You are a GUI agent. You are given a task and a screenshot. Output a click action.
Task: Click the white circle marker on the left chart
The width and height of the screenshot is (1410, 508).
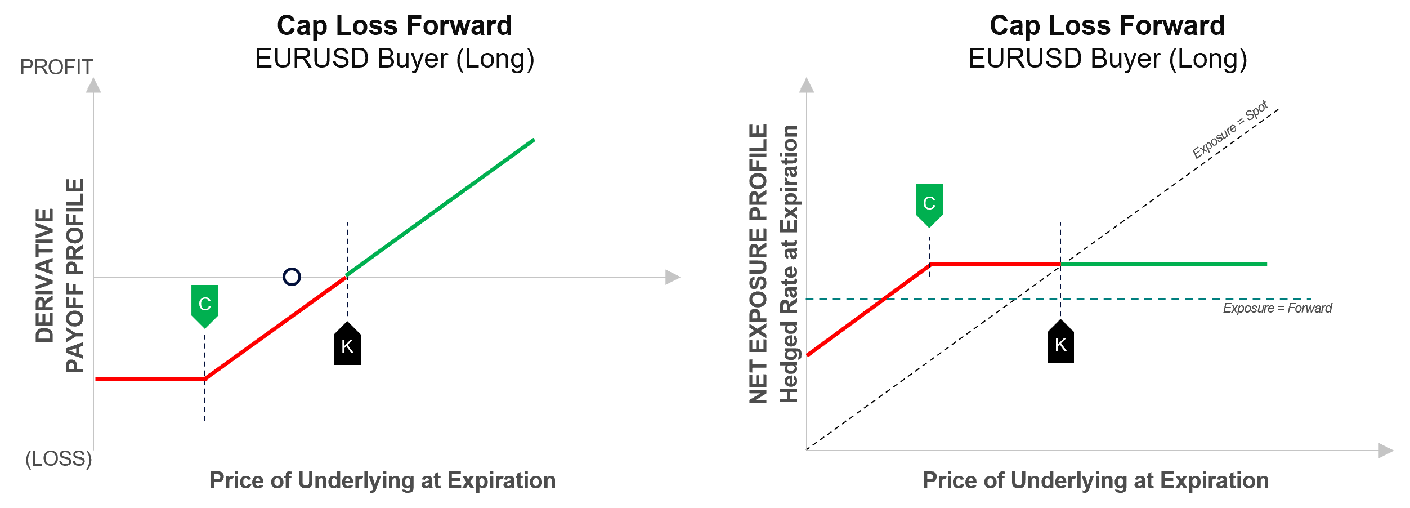[292, 277]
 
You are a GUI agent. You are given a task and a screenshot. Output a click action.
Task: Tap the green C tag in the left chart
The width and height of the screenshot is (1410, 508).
[205, 305]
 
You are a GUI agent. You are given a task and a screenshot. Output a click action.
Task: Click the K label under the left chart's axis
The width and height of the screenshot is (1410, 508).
[347, 346]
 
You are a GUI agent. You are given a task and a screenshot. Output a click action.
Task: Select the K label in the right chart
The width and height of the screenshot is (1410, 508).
[1060, 345]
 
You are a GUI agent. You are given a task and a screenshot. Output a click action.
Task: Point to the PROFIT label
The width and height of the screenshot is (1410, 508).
[56, 68]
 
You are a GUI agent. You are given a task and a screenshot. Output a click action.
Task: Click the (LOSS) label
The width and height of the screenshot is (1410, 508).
[59, 459]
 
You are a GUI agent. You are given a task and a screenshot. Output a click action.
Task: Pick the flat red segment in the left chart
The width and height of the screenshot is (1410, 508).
[150, 379]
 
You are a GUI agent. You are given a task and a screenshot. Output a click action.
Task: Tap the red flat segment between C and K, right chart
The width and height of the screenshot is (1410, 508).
[995, 264]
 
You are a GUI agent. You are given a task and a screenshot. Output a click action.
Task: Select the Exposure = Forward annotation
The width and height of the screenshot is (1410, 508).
[1277, 308]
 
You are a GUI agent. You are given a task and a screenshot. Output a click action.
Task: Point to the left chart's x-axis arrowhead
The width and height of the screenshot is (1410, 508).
[673, 277]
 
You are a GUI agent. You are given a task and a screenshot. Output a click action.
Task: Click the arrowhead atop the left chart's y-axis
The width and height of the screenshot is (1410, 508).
[93, 86]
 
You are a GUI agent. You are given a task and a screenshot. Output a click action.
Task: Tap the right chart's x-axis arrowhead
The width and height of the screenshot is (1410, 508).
[1386, 451]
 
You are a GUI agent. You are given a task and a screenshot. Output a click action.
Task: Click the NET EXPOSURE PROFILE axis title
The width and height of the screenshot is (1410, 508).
[758, 264]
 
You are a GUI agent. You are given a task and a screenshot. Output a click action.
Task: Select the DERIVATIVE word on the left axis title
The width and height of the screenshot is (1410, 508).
[44, 275]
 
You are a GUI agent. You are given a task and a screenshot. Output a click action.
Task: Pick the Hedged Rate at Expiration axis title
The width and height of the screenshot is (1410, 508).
[789, 264]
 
